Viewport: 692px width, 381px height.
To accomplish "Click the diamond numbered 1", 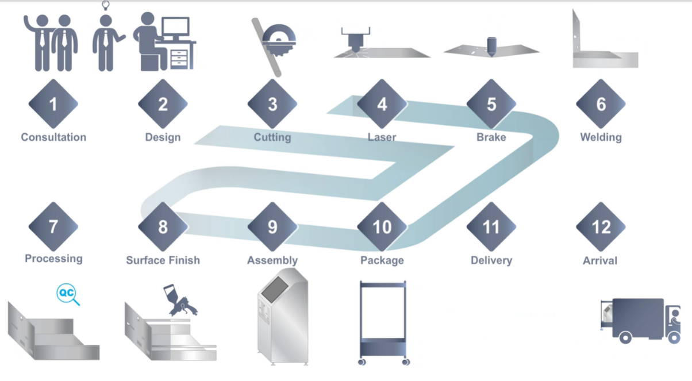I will click(x=53, y=104).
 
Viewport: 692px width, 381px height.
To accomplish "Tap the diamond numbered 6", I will click(x=601, y=104).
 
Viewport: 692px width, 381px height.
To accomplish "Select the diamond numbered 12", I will click(x=601, y=226).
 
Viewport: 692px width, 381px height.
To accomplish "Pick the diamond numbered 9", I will click(x=272, y=226).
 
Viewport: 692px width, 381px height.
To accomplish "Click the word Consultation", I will click(x=53, y=137).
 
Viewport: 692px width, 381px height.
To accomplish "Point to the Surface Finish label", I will click(x=163, y=260).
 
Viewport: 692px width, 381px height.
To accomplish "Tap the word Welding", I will click(x=601, y=137).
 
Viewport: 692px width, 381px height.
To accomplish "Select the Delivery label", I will click(x=491, y=260).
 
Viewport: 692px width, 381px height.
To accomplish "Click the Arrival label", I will click(x=600, y=260).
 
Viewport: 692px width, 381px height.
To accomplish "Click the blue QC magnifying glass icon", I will click(x=67, y=294).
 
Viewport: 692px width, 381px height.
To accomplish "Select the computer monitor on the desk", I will click(x=175, y=28).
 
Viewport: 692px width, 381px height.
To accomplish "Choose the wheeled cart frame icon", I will click(x=382, y=323).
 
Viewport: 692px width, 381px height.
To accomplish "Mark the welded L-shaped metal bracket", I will click(x=603, y=46).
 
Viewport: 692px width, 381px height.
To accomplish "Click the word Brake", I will click(x=491, y=137).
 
